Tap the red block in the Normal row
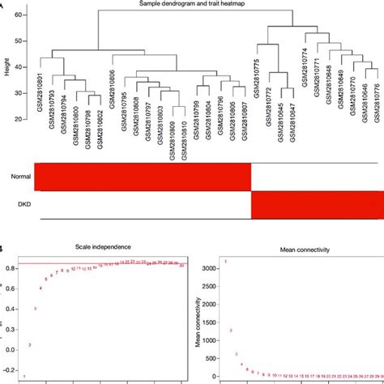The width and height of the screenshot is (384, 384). point(145,176)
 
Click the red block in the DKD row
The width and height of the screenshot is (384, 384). point(317,205)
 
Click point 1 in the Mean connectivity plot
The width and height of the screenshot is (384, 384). point(226,262)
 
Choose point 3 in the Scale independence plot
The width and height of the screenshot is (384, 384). point(35,309)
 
